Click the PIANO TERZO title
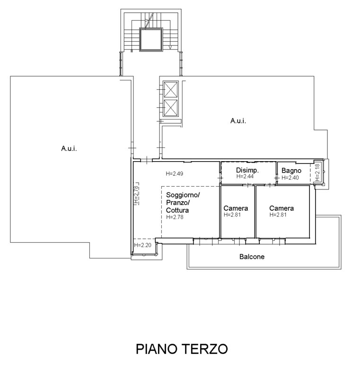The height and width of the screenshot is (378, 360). point(182,349)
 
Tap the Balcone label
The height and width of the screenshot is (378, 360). point(252,257)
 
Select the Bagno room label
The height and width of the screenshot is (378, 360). point(291,171)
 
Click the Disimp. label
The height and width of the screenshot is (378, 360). point(247,170)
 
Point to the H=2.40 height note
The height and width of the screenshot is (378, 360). point(290,178)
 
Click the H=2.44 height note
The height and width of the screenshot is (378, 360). point(245,176)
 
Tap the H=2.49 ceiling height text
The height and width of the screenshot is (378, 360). point(175,173)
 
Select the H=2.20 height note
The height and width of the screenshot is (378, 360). point(142,245)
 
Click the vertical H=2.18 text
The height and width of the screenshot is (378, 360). point(317,172)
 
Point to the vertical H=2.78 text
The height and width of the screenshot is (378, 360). point(136,195)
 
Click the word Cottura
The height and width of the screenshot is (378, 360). point(177,210)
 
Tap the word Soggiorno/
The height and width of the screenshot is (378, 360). point(183,195)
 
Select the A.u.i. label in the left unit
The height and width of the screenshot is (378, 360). point(69,148)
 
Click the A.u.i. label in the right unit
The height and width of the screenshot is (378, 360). point(238,120)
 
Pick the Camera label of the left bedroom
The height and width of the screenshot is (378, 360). point(236,208)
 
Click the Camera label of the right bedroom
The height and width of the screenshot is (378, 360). point(281,208)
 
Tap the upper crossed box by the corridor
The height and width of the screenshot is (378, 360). point(171,89)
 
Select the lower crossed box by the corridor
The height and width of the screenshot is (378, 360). point(171,108)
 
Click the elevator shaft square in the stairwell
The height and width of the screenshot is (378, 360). point(151,39)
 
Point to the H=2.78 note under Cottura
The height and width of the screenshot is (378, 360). point(175,217)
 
